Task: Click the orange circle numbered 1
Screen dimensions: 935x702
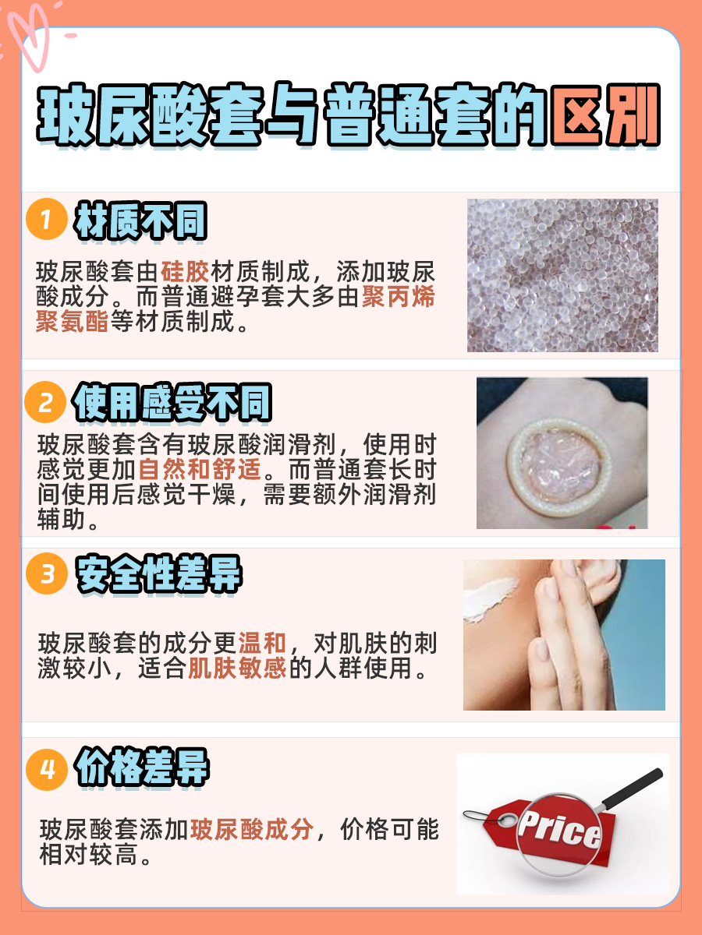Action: [x=45, y=221]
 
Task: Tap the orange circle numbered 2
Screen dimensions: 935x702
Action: [x=45, y=403]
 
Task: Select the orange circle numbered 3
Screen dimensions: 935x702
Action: [x=45, y=575]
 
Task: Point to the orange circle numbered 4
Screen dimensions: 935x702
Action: [x=45, y=770]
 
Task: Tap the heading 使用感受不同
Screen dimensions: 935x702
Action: [x=172, y=404]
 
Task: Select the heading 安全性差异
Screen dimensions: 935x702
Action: [x=158, y=576]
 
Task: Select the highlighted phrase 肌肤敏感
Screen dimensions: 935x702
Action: [x=237, y=669]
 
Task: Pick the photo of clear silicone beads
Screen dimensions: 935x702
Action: [x=562, y=275]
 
